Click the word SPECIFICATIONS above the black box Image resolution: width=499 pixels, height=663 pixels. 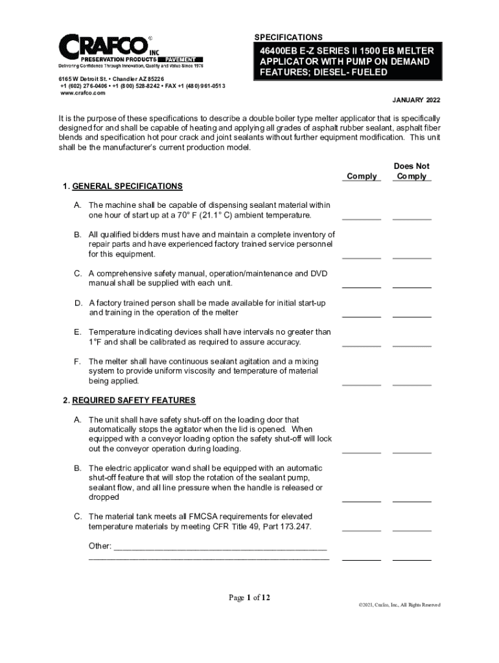(288, 38)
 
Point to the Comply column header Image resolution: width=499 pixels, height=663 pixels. (362, 176)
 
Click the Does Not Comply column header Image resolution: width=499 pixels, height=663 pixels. (412, 171)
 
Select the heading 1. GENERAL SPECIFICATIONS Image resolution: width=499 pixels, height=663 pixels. (122, 186)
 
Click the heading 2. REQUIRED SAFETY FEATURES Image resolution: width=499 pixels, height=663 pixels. (129, 400)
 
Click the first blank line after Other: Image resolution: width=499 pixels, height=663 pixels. (220, 548)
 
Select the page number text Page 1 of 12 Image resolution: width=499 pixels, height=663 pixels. (250, 598)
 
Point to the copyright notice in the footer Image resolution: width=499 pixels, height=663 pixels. (399, 605)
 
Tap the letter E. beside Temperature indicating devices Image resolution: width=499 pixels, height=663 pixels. (78, 332)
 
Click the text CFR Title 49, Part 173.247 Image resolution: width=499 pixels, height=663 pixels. (262, 526)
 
